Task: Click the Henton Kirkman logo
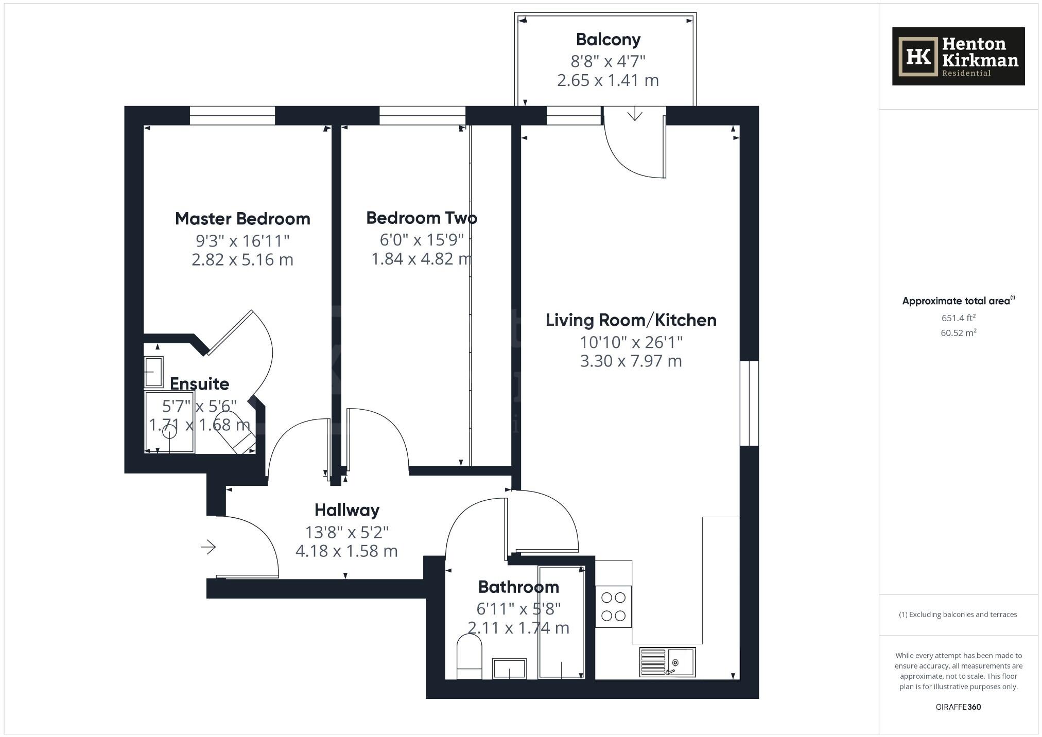tap(958, 56)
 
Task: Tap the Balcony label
tap(608, 40)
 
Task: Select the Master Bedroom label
tap(242, 219)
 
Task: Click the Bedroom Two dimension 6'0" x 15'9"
tap(422, 240)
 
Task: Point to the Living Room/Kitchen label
tap(631, 320)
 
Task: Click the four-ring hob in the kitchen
tap(613, 606)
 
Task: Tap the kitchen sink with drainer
tap(667, 662)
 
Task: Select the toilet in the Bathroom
tap(469, 656)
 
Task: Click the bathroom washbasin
tap(509, 668)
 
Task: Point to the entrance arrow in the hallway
tap(208, 547)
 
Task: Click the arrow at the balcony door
tap(635, 114)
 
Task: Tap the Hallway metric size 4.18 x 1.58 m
tap(346, 551)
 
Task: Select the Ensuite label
tap(199, 384)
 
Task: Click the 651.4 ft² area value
tap(958, 318)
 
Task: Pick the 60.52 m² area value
tap(958, 333)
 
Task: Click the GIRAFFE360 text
tap(958, 707)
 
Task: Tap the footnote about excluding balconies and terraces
tap(958, 615)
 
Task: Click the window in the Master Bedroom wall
tap(232, 115)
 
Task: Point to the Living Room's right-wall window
tap(749, 403)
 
